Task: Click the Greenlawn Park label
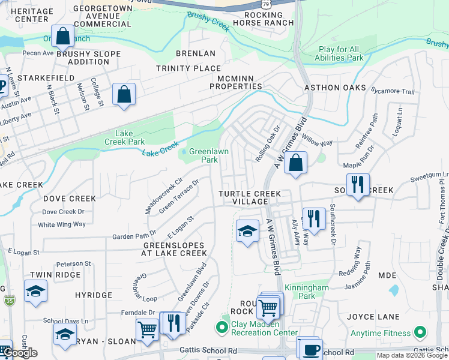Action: point(208,156)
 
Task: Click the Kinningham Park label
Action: point(306,292)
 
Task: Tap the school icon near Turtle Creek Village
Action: point(247,231)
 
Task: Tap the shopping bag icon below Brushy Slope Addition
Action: point(124,94)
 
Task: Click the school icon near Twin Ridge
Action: point(35,292)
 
